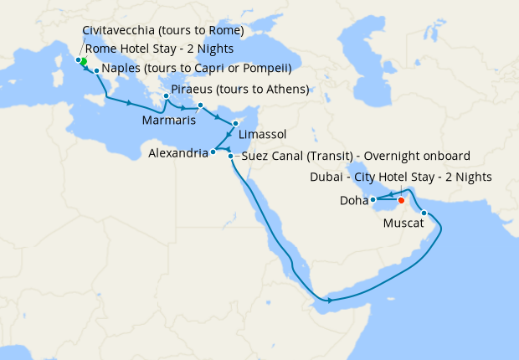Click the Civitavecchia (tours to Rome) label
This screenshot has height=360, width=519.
(x=162, y=30)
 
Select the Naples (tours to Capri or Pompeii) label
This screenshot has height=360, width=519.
(x=198, y=68)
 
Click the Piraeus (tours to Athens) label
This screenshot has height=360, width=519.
(x=239, y=90)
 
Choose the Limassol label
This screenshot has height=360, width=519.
(x=262, y=134)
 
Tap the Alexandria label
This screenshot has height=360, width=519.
(x=177, y=154)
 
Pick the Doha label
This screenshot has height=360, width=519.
(x=352, y=201)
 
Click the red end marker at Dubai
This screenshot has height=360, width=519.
(x=401, y=200)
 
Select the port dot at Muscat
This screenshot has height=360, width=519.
(x=424, y=213)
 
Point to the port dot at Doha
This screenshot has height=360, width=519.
(x=373, y=199)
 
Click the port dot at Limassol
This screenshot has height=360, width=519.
(x=236, y=123)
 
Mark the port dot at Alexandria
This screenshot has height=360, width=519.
(x=213, y=152)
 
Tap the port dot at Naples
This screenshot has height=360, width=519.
(x=97, y=70)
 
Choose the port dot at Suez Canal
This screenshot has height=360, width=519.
(x=230, y=156)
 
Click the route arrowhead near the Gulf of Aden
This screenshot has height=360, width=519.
(x=330, y=300)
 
